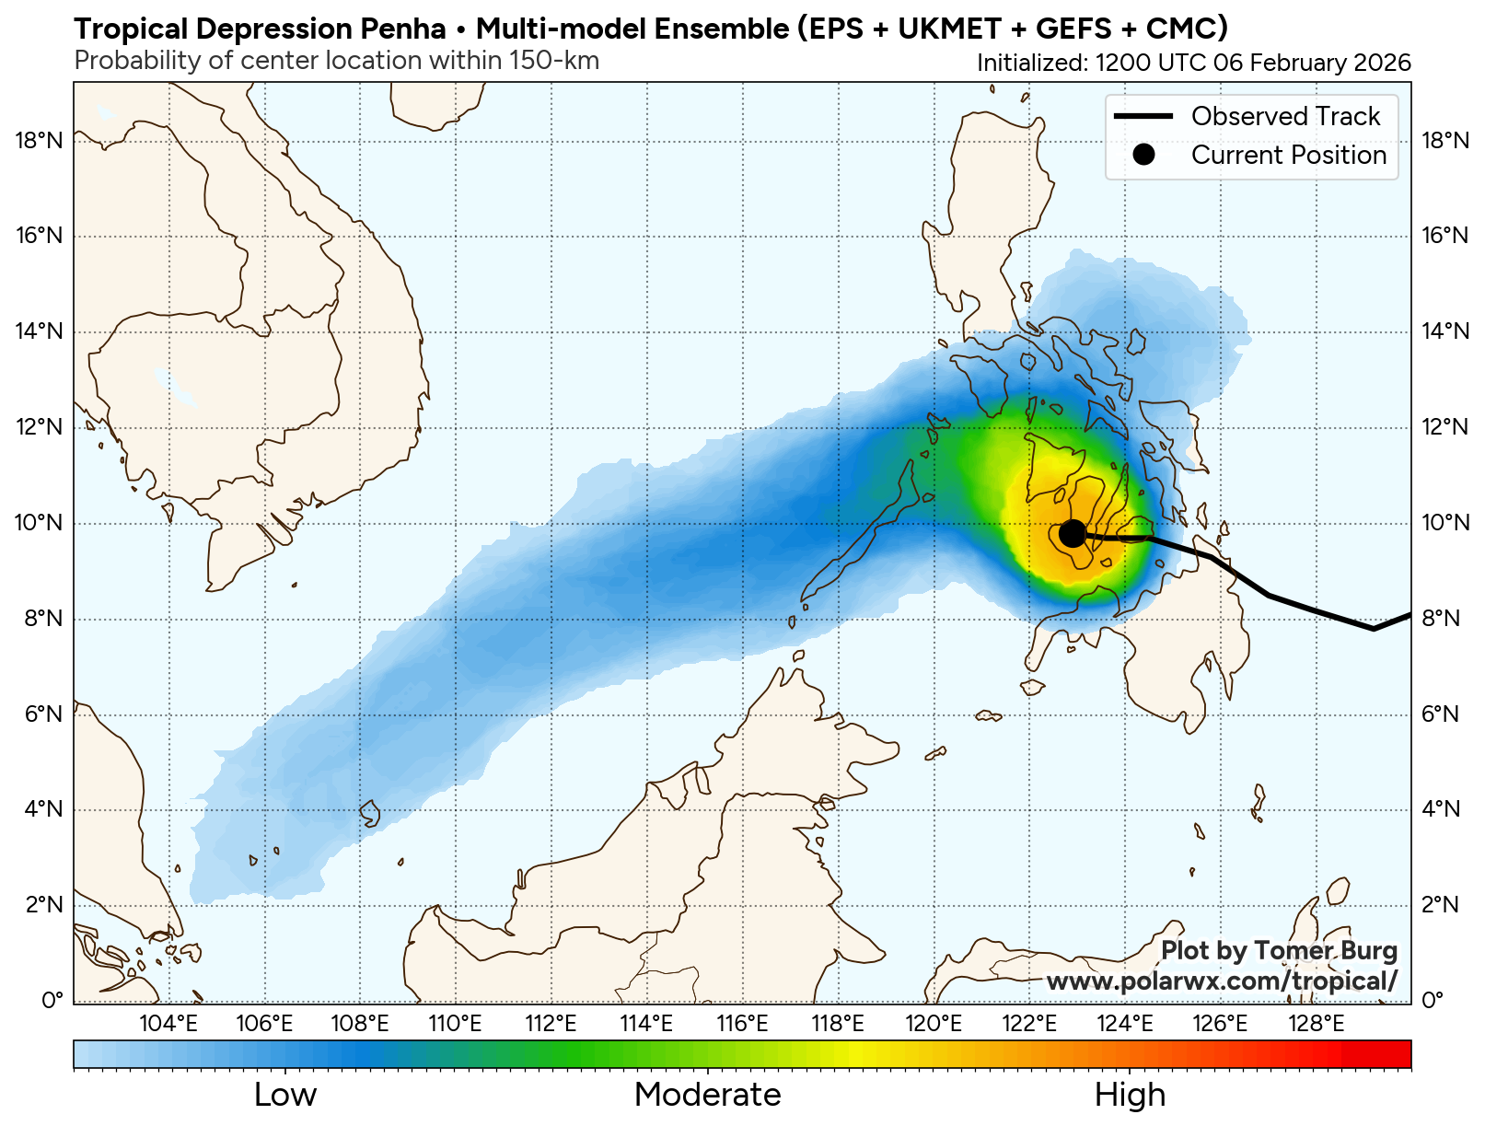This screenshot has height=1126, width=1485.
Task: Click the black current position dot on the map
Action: (x=1072, y=533)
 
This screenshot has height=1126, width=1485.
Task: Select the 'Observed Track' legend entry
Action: (x=1285, y=116)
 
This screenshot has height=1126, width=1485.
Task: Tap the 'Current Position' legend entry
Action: (x=1288, y=155)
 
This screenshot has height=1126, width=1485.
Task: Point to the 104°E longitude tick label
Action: (x=168, y=1023)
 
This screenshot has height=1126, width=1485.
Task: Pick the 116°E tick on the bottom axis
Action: (x=742, y=1023)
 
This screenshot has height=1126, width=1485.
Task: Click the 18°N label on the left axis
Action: (x=40, y=141)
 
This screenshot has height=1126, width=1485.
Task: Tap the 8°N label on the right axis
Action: (x=1441, y=618)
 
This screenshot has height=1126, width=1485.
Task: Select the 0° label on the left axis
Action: (x=52, y=1000)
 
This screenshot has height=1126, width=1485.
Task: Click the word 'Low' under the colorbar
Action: (x=285, y=1095)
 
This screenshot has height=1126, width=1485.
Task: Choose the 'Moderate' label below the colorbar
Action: (x=707, y=1095)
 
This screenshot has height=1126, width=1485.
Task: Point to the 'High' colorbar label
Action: (x=1130, y=1095)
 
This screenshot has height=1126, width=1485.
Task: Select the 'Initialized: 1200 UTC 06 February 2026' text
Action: (x=1193, y=63)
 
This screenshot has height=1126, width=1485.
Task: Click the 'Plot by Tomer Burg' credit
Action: (x=1279, y=951)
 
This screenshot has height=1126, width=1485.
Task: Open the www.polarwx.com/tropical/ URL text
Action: (x=1222, y=981)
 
